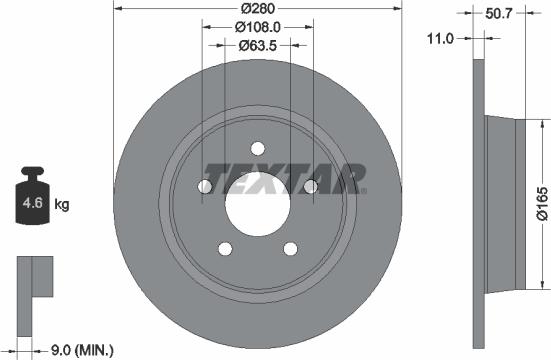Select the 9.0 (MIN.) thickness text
[x=82, y=349]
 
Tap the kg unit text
[x=62, y=205]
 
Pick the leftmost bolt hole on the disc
[x=205, y=186]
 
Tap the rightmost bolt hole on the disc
[x=310, y=186]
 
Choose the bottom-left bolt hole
[x=224, y=249]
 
